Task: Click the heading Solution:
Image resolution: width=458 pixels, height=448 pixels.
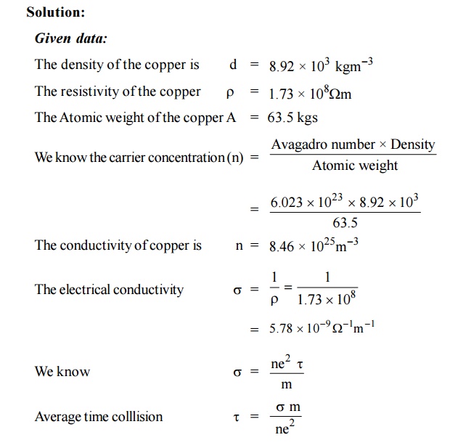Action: pyautogui.click(x=55, y=12)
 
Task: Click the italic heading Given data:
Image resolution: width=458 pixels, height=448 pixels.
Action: pyautogui.click(x=70, y=38)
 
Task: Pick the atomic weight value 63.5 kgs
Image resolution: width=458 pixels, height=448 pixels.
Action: pyautogui.click(x=293, y=118)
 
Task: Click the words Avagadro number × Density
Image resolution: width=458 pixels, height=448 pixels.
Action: pyautogui.click(x=353, y=144)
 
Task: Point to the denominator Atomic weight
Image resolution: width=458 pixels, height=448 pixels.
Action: pyautogui.click(x=355, y=166)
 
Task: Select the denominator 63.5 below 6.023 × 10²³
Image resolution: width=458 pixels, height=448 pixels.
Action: pyautogui.click(x=345, y=223)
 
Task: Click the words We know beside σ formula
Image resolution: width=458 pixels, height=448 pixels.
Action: pyautogui.click(x=62, y=372)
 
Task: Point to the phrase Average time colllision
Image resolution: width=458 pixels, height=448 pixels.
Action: pyautogui.click(x=99, y=417)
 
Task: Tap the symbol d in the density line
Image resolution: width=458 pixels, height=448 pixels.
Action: pyautogui.click(x=233, y=65)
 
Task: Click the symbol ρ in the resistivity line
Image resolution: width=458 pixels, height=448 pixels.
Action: pyautogui.click(x=230, y=93)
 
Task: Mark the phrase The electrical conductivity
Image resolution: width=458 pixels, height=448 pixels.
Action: pyautogui.click(x=109, y=290)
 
